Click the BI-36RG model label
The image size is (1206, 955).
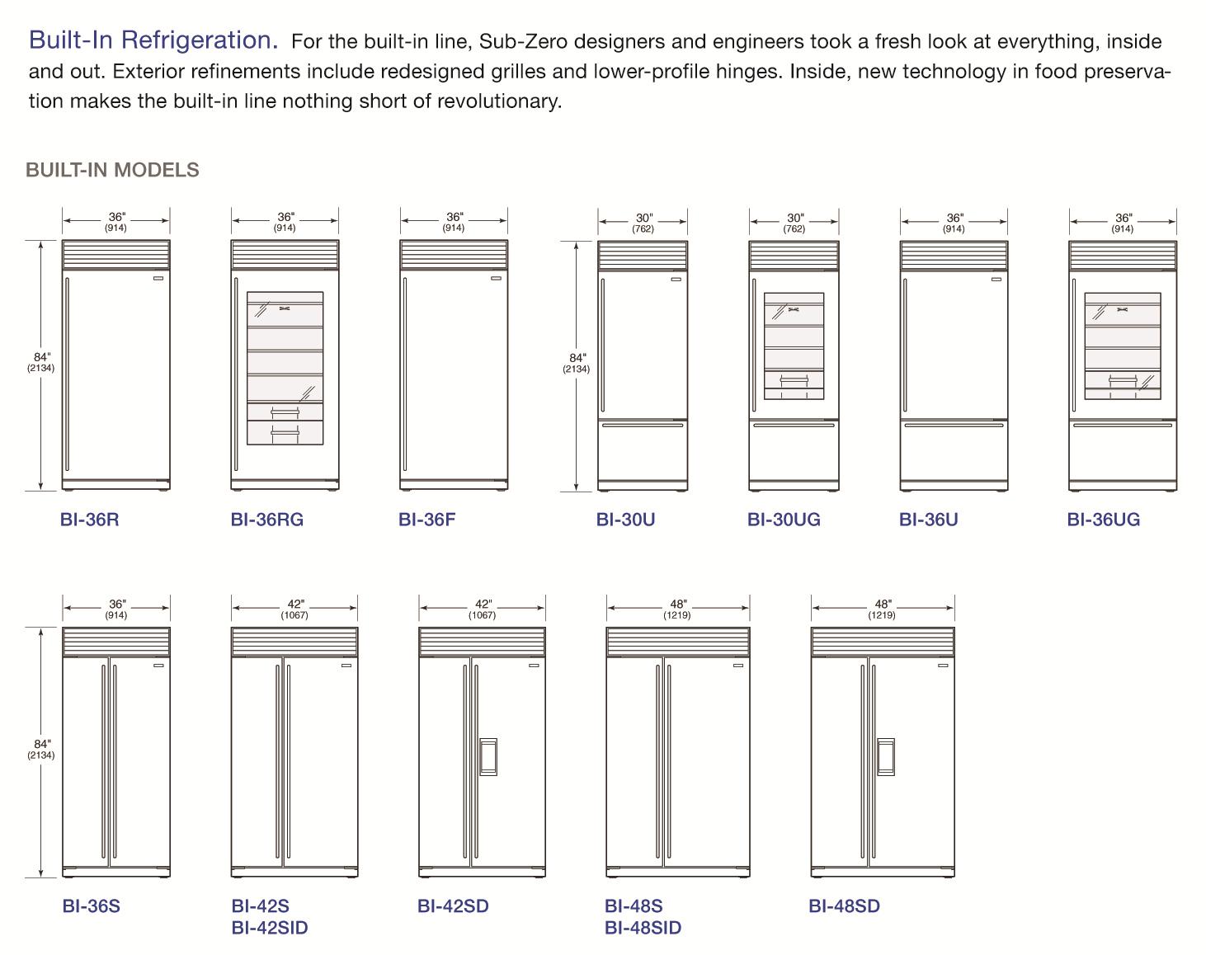click(x=266, y=520)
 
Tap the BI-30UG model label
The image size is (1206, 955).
click(x=784, y=520)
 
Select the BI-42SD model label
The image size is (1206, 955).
click(x=453, y=906)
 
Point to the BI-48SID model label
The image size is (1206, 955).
click(x=643, y=928)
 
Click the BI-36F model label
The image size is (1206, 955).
click(x=426, y=520)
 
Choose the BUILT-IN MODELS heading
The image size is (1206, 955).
click(x=113, y=170)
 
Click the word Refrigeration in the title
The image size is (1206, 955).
click(x=200, y=40)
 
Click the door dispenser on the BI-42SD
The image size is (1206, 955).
click(x=488, y=756)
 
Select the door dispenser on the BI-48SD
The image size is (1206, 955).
click(x=885, y=756)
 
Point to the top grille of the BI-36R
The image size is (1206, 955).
click(x=116, y=255)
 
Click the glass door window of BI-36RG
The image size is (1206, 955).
click(x=285, y=368)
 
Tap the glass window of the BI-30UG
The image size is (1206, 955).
click(x=794, y=346)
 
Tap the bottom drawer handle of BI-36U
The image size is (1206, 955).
click(x=954, y=426)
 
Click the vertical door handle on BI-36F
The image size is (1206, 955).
click(x=405, y=374)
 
